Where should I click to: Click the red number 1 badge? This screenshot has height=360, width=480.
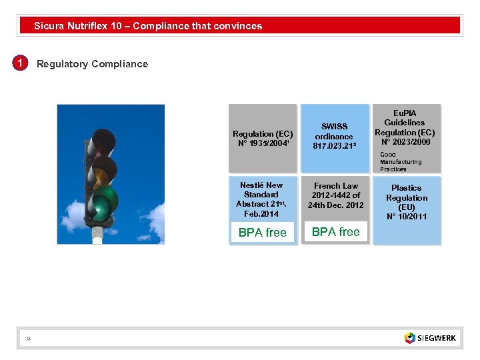(x=21, y=63)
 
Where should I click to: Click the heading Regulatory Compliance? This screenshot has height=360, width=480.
(x=92, y=64)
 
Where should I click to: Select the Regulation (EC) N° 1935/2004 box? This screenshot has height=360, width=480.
(x=262, y=138)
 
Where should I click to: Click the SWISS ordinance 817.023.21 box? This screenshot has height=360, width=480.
(x=334, y=137)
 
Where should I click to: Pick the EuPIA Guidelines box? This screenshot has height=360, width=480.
(x=405, y=127)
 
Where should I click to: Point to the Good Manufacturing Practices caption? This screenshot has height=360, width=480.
(x=401, y=162)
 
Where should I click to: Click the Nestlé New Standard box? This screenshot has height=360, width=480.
(x=262, y=199)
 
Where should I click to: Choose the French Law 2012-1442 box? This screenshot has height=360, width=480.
(x=335, y=195)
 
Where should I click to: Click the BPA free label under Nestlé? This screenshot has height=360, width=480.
(x=262, y=233)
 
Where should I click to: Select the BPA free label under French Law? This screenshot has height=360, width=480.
(x=335, y=232)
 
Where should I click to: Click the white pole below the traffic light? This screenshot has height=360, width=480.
(x=98, y=234)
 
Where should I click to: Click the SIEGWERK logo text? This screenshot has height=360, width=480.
(x=437, y=338)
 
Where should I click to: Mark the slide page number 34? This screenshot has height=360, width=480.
(x=27, y=339)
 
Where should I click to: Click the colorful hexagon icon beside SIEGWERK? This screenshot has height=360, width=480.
(x=409, y=338)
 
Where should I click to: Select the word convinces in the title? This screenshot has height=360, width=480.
(x=237, y=26)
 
